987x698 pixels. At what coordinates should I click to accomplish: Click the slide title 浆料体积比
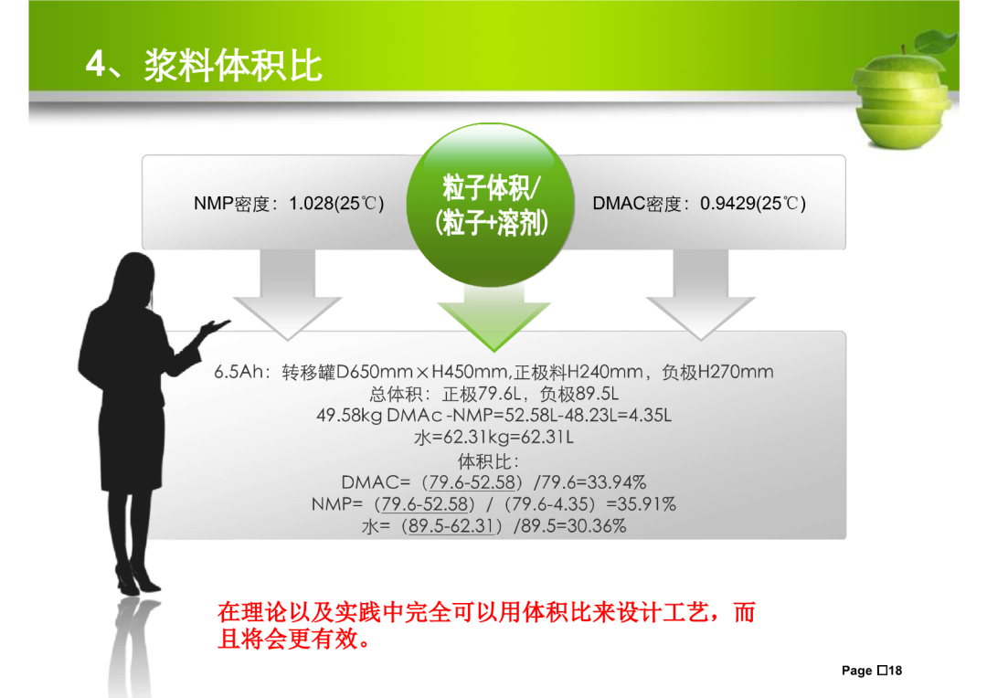[x=234, y=66]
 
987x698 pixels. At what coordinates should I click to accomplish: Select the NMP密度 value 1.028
[x=311, y=204]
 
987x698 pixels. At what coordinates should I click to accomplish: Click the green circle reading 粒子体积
[x=491, y=205]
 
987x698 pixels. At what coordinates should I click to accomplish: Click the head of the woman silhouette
[x=134, y=277]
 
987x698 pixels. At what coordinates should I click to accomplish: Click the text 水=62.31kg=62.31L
[x=494, y=438]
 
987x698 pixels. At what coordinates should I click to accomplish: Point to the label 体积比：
[x=489, y=461]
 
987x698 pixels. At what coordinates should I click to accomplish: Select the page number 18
[x=895, y=671]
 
